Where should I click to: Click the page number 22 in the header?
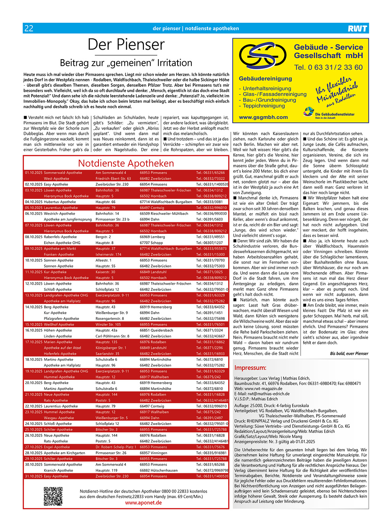(29, 28)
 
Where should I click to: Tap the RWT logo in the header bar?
(357, 28)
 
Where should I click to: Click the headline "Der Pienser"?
(126, 45)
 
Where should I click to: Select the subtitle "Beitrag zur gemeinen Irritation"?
(126, 63)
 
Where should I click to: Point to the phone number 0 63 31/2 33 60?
(328, 68)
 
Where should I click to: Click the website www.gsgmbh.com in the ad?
(263, 117)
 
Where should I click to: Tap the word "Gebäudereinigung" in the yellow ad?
(265, 79)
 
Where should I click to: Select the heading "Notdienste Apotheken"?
(126, 163)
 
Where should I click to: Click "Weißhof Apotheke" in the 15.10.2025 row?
(59, 324)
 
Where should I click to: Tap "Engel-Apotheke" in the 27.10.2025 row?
(57, 447)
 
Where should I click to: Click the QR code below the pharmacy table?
(53, 496)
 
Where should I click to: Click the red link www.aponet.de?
(143, 503)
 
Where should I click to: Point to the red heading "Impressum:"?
(250, 368)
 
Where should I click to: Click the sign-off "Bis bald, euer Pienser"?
(349, 354)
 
